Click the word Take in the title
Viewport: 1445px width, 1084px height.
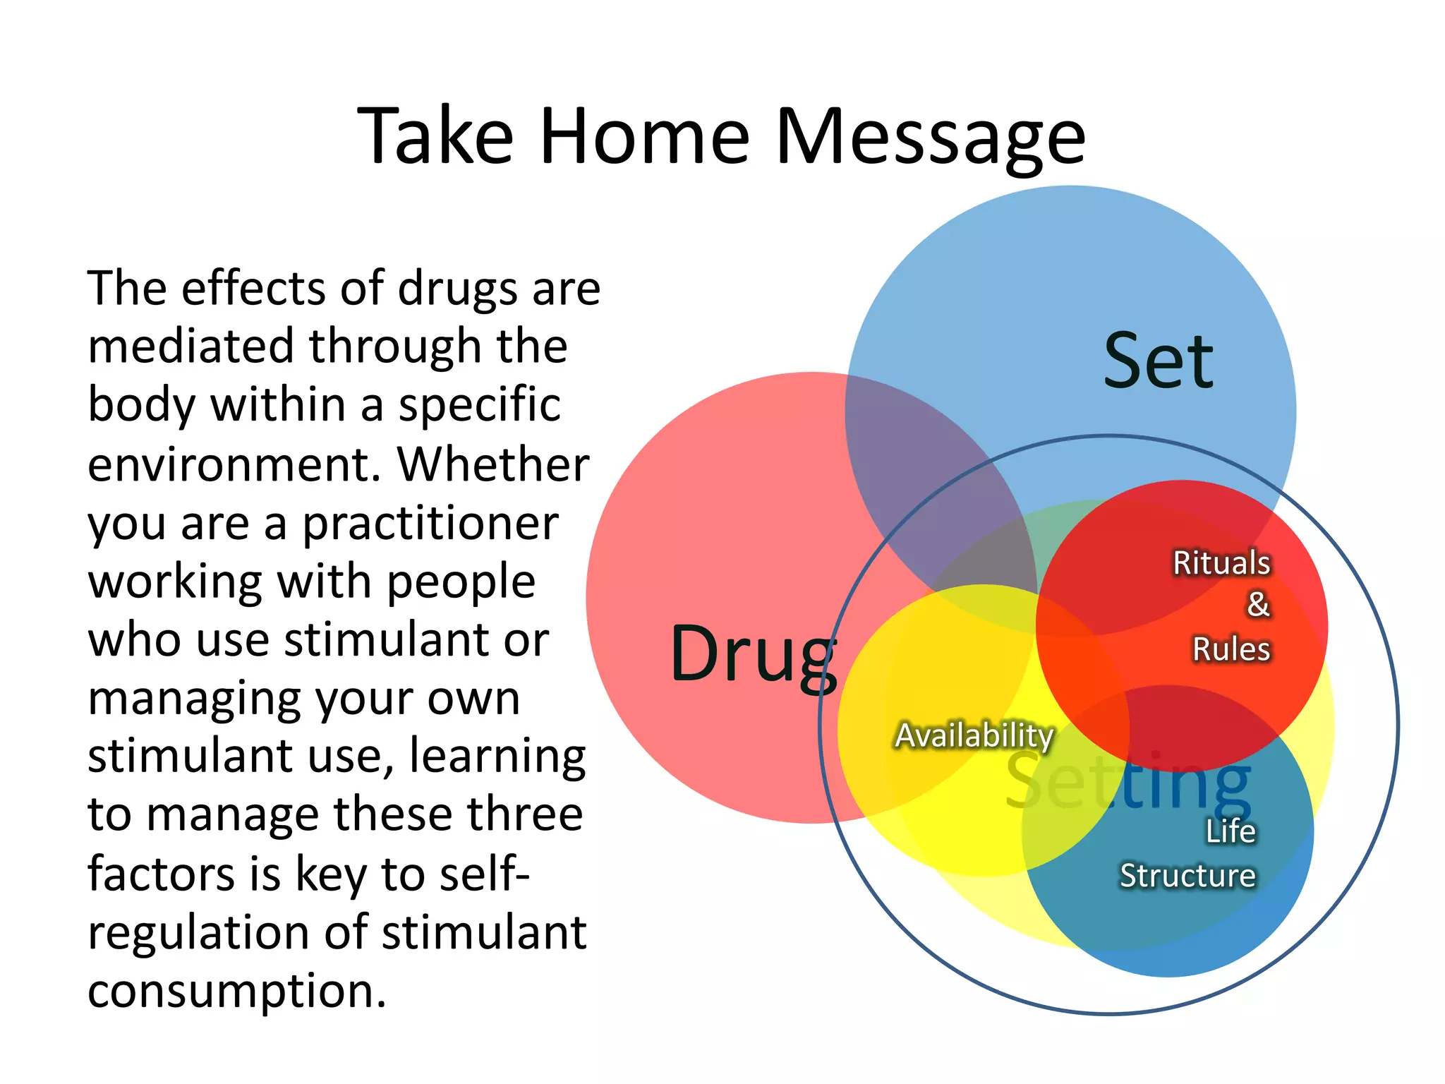(x=435, y=136)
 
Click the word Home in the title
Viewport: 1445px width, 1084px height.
(x=644, y=136)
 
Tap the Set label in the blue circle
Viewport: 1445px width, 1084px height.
(x=1158, y=361)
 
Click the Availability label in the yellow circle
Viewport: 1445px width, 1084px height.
(x=974, y=735)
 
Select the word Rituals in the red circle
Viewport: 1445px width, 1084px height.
(x=1221, y=563)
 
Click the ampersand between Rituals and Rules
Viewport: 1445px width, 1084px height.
(x=1258, y=605)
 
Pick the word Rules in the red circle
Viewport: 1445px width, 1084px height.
(x=1231, y=649)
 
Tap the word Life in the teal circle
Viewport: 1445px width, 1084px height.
(x=1231, y=831)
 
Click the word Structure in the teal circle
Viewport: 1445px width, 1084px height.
(x=1187, y=876)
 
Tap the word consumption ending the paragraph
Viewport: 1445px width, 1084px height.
(x=237, y=992)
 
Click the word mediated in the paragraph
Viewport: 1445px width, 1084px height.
(x=191, y=347)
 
